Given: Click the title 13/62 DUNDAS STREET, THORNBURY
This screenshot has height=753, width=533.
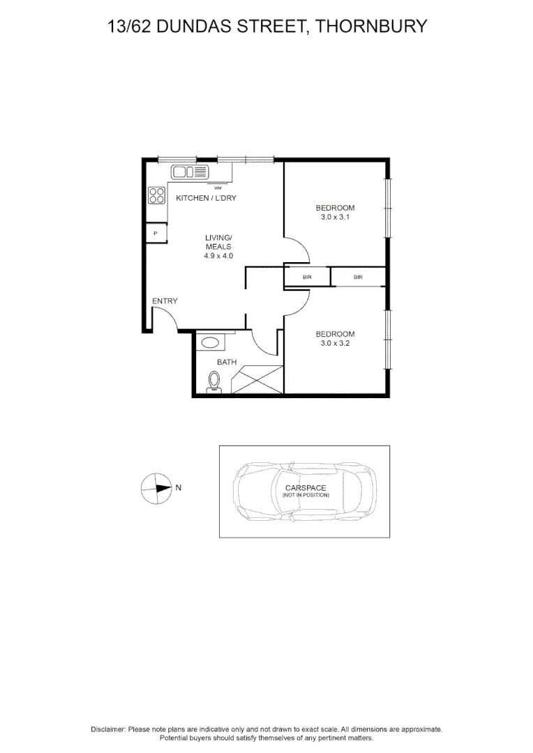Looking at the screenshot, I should [x=266, y=27].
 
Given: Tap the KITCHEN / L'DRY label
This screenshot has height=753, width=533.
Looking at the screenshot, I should [x=206, y=198].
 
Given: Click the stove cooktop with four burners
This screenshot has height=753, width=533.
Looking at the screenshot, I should [x=156, y=195].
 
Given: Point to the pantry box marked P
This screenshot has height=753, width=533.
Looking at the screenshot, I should [x=156, y=233].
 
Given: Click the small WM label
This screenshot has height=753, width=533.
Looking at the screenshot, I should [x=218, y=188].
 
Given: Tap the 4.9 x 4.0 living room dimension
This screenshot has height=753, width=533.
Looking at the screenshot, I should [x=218, y=256].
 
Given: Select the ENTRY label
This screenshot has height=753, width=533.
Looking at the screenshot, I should [x=165, y=301].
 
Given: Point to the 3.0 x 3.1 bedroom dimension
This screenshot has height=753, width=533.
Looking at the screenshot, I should [x=335, y=217].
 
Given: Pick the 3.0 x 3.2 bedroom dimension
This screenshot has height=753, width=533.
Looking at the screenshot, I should [x=335, y=343].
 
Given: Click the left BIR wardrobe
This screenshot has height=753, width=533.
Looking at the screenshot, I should [x=307, y=277].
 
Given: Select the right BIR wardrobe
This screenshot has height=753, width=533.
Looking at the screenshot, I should [x=358, y=277].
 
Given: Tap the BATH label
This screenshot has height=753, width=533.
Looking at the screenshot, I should [x=226, y=362].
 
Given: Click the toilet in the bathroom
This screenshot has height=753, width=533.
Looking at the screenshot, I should [x=215, y=382].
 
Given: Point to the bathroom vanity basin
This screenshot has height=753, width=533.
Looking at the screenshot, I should [x=210, y=342].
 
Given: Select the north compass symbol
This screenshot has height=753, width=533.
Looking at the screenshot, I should [x=156, y=488].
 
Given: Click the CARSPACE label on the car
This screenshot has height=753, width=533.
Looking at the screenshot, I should [x=306, y=488].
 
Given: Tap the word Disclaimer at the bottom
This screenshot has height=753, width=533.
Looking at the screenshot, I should [x=108, y=729].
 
